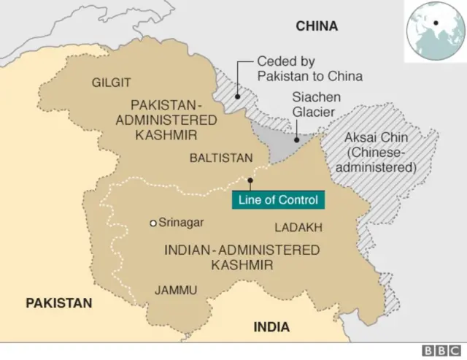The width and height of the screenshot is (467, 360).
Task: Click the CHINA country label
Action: coord(317,26)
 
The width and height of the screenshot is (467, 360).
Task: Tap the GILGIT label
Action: coord(112,83)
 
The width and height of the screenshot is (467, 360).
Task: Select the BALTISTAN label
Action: coord(221,158)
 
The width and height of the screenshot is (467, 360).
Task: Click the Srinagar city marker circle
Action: coord(153,223)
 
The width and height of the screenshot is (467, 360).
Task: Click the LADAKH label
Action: coord(298,228)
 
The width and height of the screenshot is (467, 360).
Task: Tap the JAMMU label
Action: coord(176,290)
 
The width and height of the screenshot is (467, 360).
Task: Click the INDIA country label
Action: coord(271,326)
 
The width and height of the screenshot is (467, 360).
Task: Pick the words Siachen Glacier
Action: coord(313,104)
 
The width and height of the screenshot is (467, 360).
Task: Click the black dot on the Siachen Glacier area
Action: coord(296,138)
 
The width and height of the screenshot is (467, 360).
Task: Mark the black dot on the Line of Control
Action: coord(250,180)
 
